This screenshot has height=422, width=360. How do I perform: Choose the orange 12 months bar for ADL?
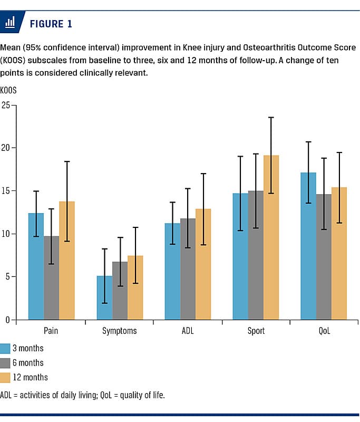click(203, 264)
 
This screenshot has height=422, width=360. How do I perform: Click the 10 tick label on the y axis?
click(7, 234)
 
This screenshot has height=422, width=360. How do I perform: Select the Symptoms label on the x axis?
click(120, 331)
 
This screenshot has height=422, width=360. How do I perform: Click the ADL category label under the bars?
click(188, 331)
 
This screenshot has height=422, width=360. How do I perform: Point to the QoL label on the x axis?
click(324, 331)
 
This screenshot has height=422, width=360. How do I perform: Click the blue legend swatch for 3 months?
click(6, 348)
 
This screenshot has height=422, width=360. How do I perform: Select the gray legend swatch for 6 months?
click(6, 362)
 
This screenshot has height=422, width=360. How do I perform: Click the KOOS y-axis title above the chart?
click(9, 90)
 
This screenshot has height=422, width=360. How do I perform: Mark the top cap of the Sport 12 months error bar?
click(271, 117)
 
